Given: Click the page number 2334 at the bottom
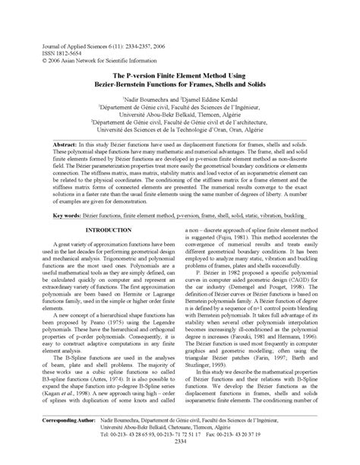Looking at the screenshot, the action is (x=180, y=462).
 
